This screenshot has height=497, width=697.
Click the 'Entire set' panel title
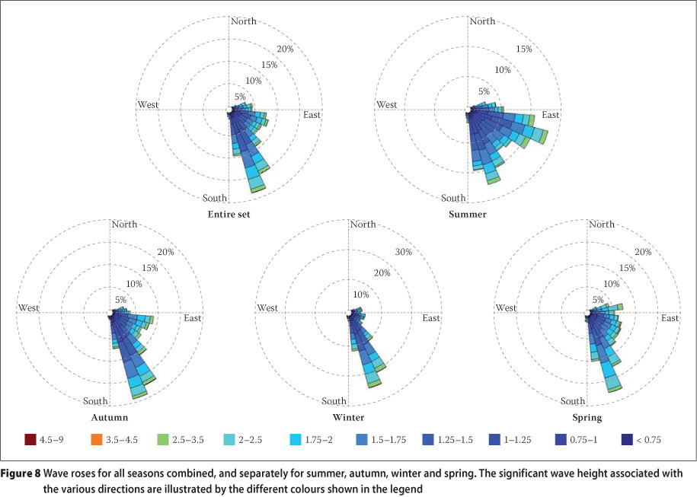pyautogui.click(x=229, y=215)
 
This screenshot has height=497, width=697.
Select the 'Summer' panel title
pyautogui.click(x=468, y=215)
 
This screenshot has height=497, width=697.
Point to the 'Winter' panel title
pyautogui.click(x=348, y=418)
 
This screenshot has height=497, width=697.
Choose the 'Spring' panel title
pyautogui.click(x=587, y=418)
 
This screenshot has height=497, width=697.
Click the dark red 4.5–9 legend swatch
pyautogui.click(x=30, y=439)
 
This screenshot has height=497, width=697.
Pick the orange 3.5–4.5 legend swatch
pyautogui.click(x=94, y=439)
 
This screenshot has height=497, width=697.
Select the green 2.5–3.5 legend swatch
pyautogui.click(x=162, y=439)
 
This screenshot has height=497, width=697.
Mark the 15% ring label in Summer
pyautogui.click(x=524, y=49)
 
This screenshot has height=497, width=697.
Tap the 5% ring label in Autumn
pyautogui.click(x=121, y=300)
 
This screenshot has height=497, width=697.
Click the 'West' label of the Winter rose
pyautogui.click(x=267, y=307)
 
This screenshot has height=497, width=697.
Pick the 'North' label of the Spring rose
pyautogui.click(x=602, y=224)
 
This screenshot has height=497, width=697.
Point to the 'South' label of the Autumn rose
pyautogui.click(x=96, y=401)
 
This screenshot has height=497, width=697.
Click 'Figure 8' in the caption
pyautogui.click(x=21, y=473)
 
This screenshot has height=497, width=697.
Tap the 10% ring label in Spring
pyautogui.click(x=612, y=284)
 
